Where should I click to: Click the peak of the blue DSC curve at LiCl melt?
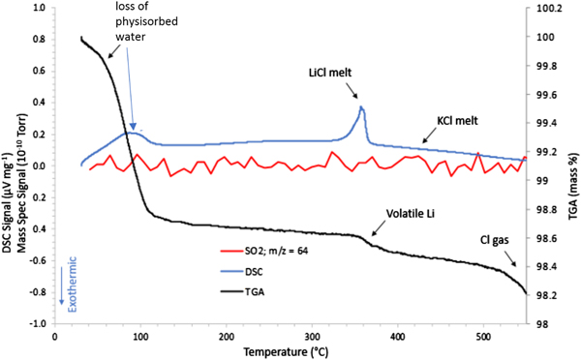click(x=361, y=106)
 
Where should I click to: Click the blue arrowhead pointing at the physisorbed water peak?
click(x=133, y=123)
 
